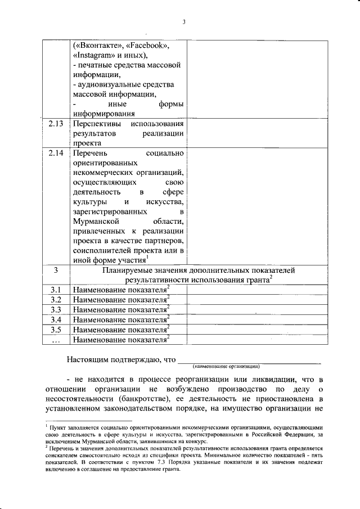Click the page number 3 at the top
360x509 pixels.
(184, 22)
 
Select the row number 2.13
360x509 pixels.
(56, 123)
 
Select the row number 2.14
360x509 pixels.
(56, 153)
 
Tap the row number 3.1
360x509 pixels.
(56, 290)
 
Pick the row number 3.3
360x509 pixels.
(56, 309)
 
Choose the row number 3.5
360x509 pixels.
(56, 329)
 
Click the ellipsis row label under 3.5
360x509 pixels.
(56, 339)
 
